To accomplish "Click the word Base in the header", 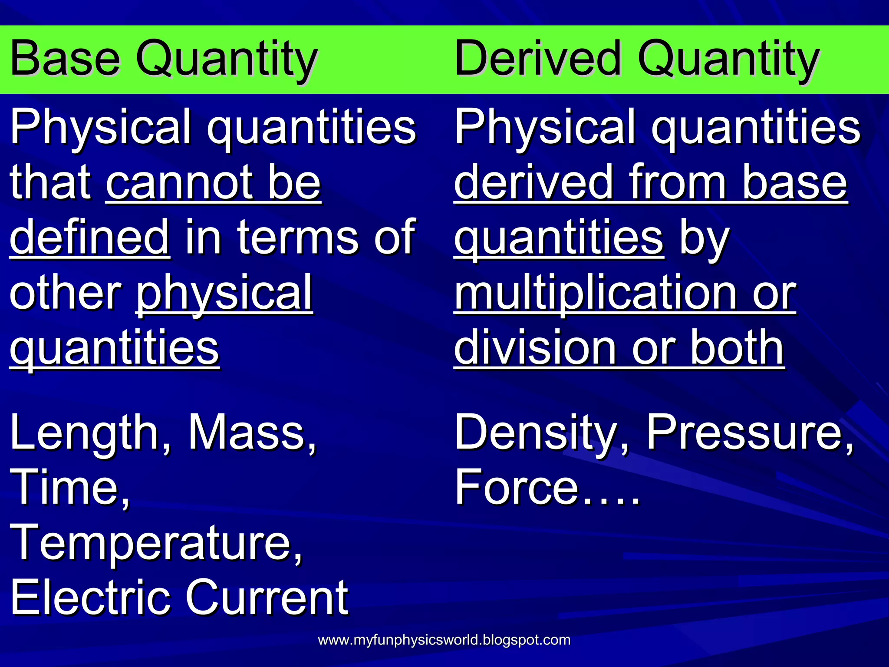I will click(x=65, y=59).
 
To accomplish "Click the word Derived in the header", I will click(x=538, y=59).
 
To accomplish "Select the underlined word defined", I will click(x=89, y=238).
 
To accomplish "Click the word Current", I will click(x=267, y=598).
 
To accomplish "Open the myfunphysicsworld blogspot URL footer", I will click(x=444, y=640).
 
